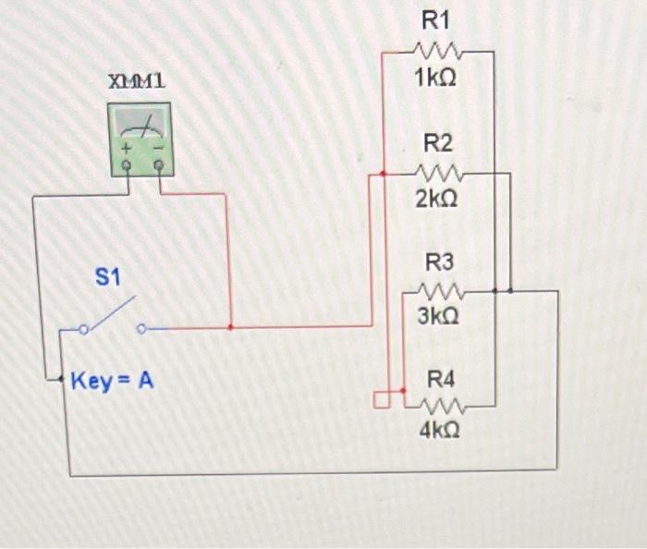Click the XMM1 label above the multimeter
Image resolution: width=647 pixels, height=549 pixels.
click(138, 82)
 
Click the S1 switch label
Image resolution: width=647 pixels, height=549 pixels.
click(108, 275)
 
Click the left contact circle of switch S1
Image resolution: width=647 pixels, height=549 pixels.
click(85, 328)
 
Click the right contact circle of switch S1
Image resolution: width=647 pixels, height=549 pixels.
click(141, 328)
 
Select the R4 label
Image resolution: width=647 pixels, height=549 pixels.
click(441, 379)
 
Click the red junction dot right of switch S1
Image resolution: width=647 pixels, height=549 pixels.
click(230, 327)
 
